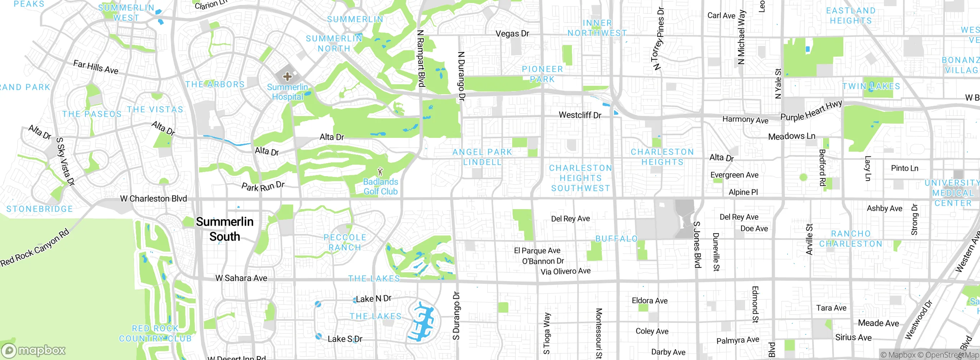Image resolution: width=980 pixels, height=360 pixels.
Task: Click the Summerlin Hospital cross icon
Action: pos(287,77)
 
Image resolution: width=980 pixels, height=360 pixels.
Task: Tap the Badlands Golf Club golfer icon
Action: pos(380,171)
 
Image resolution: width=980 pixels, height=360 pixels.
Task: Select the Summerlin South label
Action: pos(225,229)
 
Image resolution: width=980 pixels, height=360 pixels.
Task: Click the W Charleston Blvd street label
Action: pos(154,198)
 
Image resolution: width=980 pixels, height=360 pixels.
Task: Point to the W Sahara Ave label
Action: pos(241,278)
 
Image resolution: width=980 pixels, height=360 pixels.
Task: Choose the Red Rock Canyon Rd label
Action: pos(35,247)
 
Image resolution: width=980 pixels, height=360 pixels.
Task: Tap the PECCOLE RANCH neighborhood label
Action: pos(345,242)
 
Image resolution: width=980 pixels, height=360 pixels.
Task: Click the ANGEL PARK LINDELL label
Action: pos(482,157)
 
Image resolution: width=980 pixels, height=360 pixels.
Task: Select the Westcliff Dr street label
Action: pos(580,115)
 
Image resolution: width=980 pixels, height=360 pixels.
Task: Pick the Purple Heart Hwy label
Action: pos(811,111)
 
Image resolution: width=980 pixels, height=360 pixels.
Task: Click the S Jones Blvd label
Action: pos(697,244)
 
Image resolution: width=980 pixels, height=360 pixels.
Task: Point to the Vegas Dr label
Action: pos(512,34)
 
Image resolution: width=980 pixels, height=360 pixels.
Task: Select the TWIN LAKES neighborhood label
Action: pos(871,87)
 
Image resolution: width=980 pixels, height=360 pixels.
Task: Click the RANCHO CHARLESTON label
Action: pos(851,239)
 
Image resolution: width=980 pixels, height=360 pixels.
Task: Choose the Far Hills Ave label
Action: pos(96,67)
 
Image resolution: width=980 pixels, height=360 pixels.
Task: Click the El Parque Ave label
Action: pos(537,250)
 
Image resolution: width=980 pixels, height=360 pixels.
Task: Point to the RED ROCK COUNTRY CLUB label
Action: pos(155,334)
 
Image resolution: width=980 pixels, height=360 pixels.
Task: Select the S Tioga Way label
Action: pos(547,333)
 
